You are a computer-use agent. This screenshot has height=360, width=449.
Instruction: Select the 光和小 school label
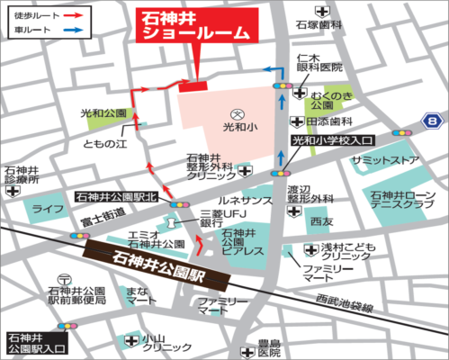click(x=236, y=128)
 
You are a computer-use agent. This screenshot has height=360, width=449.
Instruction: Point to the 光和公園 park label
click(x=103, y=114)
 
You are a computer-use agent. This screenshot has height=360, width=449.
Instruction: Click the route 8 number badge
click(x=436, y=119)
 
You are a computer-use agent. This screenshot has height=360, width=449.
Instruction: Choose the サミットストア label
click(x=384, y=159)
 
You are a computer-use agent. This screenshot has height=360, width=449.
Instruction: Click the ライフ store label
click(x=43, y=209)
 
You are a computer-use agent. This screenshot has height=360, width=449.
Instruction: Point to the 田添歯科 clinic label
click(x=328, y=121)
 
